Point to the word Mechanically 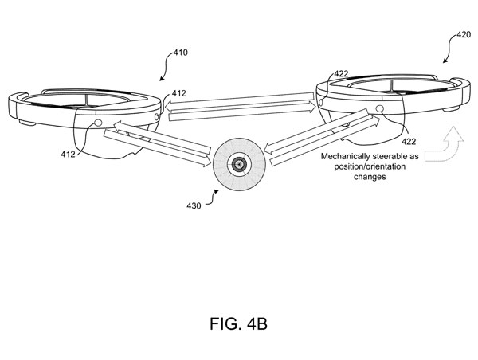click(x=346, y=157)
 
